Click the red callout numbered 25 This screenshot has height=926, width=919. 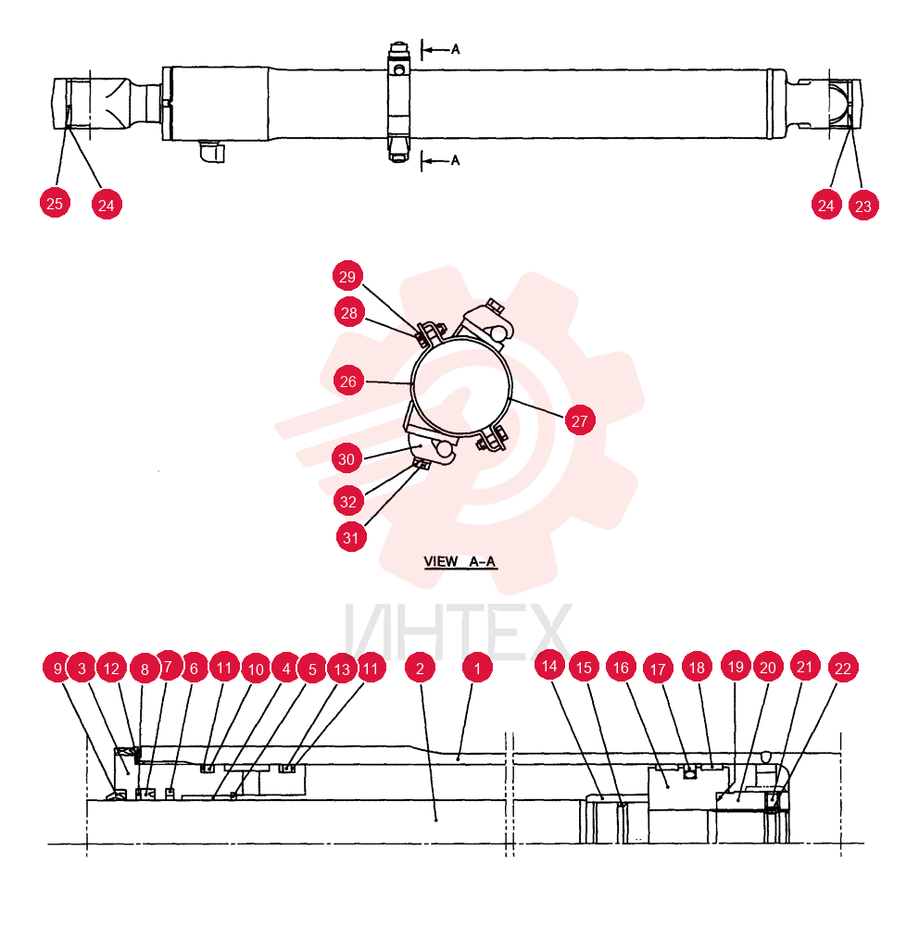[x=55, y=203]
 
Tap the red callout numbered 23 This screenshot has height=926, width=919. [x=863, y=206]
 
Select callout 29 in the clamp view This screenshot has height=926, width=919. [x=347, y=276]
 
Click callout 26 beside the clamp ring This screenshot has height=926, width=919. [x=348, y=381]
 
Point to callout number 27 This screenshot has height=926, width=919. [x=580, y=420]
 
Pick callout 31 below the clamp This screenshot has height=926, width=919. [x=351, y=537]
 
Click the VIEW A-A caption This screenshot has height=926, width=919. [x=459, y=562]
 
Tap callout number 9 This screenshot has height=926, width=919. [x=57, y=668]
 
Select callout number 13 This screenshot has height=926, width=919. [x=342, y=669]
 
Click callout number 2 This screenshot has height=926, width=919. [x=421, y=668]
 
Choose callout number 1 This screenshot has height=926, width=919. [x=477, y=668]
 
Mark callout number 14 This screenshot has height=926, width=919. [x=549, y=666]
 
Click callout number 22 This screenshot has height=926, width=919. [x=843, y=668]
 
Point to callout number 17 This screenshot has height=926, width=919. [x=658, y=668]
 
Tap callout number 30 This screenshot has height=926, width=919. [x=346, y=458]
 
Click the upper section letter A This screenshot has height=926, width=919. [x=455, y=49]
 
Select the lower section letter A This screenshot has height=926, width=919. [x=455, y=160]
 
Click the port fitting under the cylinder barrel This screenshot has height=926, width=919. [x=212, y=151]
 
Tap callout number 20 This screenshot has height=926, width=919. [x=768, y=668]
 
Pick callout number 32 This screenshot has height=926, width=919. [x=348, y=501]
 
